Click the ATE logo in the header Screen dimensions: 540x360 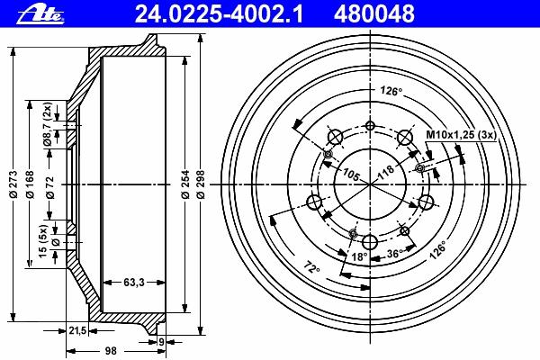tap(41, 14)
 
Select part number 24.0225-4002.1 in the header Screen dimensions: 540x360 tap(219, 14)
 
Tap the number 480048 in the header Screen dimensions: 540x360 tap(374, 14)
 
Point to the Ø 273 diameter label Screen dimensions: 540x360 tap(13, 184)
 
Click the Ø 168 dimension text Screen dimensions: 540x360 tap(31, 184)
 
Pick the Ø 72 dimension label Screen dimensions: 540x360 tap(50, 188)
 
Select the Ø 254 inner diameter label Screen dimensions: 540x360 tap(186, 184)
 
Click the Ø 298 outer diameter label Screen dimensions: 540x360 tap(202, 184)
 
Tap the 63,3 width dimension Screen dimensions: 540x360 tap(134, 283)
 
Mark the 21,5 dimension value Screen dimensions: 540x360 tap(77, 331)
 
